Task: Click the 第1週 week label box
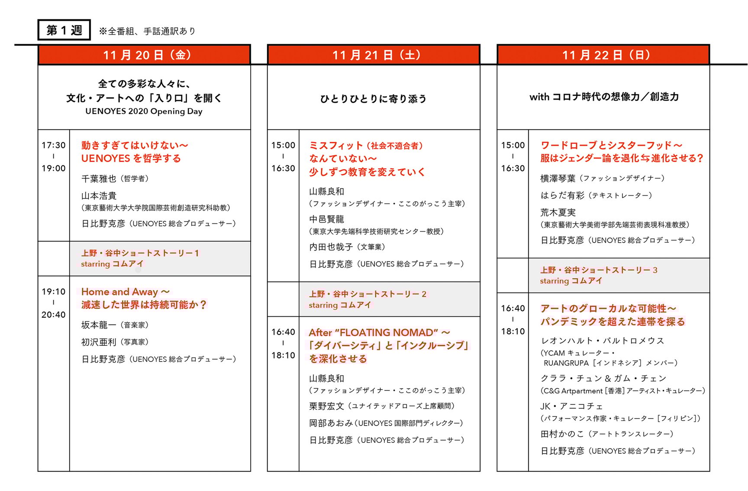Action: pos(64,30)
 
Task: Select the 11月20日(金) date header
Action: pos(144,55)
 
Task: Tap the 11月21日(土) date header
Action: pos(374,55)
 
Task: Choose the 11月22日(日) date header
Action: pos(603,55)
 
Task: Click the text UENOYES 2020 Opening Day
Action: pos(144,111)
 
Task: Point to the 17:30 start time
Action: pos(54,145)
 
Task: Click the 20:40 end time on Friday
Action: pos(54,315)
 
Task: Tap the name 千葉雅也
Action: pos(99,179)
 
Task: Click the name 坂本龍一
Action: pos(99,325)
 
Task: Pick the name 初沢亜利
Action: pos(99,342)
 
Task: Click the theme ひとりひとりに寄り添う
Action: pos(373,99)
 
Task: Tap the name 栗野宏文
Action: pos(327,406)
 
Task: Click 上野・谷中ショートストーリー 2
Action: pos(368,294)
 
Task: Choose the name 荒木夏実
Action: pos(558,212)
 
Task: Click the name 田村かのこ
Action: pos(562,434)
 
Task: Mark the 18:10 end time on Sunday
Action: pos(513,332)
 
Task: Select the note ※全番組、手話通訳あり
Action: pos(147,31)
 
